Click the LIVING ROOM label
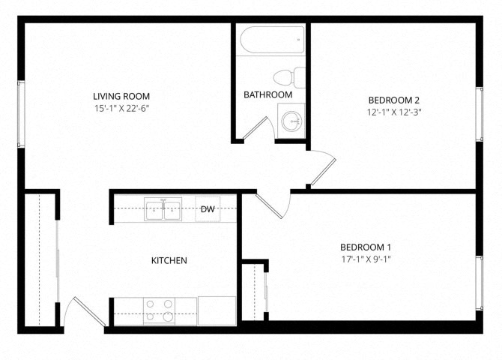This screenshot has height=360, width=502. click(x=121, y=96)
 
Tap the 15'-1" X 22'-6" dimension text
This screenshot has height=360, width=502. click(x=121, y=108)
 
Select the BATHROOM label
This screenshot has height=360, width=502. click(x=267, y=94)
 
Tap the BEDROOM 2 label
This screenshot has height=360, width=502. click(x=393, y=100)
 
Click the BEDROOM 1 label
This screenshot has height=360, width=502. click(x=366, y=247)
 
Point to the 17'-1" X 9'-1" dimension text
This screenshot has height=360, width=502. click(x=366, y=259)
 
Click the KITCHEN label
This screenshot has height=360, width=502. click(x=169, y=260)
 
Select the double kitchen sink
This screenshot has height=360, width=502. click(x=163, y=209)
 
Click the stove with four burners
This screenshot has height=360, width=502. click(x=159, y=310)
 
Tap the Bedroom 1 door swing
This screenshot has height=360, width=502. click(x=271, y=204)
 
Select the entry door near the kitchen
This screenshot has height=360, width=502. click(x=84, y=312)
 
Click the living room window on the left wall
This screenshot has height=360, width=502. click(x=21, y=113)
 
